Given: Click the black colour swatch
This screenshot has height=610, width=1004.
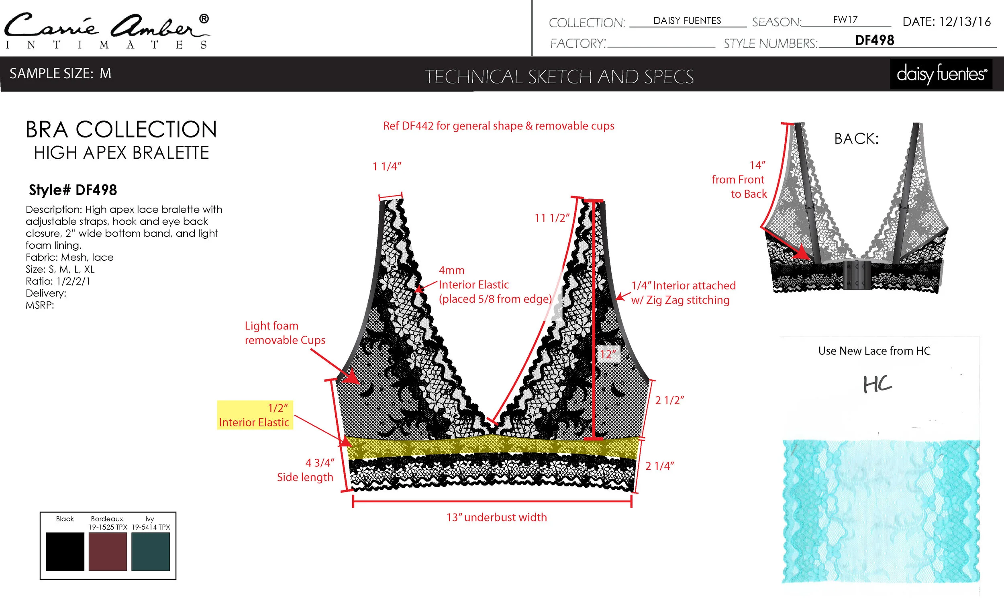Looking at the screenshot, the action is click(65, 551).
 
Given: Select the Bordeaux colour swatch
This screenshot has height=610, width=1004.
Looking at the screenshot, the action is click(108, 551).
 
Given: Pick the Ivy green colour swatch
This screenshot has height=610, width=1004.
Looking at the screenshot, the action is click(150, 551).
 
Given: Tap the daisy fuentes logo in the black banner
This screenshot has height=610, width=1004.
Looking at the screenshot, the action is click(941, 74).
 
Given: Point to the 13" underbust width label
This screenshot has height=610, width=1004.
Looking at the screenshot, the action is click(496, 517).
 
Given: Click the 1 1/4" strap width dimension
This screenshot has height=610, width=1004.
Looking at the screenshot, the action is click(387, 166).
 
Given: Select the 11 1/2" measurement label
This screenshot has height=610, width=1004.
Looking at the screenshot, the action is click(552, 218).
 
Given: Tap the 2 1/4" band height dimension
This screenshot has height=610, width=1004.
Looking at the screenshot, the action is click(659, 466).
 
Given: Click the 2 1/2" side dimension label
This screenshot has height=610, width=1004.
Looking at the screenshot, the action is click(669, 400).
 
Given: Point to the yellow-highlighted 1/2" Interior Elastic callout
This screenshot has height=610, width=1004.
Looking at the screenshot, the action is click(255, 415).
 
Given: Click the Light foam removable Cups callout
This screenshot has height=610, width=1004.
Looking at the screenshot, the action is click(285, 333).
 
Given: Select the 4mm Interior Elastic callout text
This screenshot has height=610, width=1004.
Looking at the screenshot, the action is click(495, 285).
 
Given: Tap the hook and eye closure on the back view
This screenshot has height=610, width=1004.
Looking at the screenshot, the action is click(857, 274).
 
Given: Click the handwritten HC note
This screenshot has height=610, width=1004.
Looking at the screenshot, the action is click(877, 384).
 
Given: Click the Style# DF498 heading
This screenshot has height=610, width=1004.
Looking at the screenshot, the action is click(73, 190).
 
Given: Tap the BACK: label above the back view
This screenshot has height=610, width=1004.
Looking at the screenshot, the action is click(856, 139).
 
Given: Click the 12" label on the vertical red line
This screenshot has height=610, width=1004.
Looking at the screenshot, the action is click(608, 354).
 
